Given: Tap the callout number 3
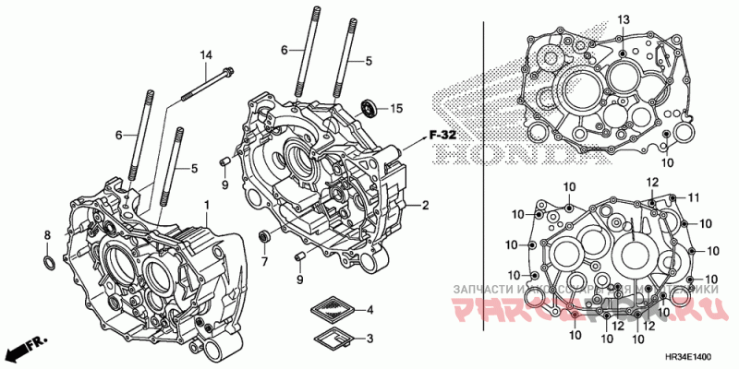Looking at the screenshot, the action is [x=369, y=339].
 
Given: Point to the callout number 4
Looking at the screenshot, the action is [x=369, y=309].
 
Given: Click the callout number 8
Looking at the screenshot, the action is [x=48, y=237].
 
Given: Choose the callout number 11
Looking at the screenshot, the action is [x=694, y=197].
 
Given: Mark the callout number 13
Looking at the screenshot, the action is [x=623, y=19].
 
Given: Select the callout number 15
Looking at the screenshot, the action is [x=396, y=109].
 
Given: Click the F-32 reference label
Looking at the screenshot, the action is [x=443, y=135].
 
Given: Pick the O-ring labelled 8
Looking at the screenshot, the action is [x=49, y=265].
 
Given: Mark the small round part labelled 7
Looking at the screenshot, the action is [x=264, y=238].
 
